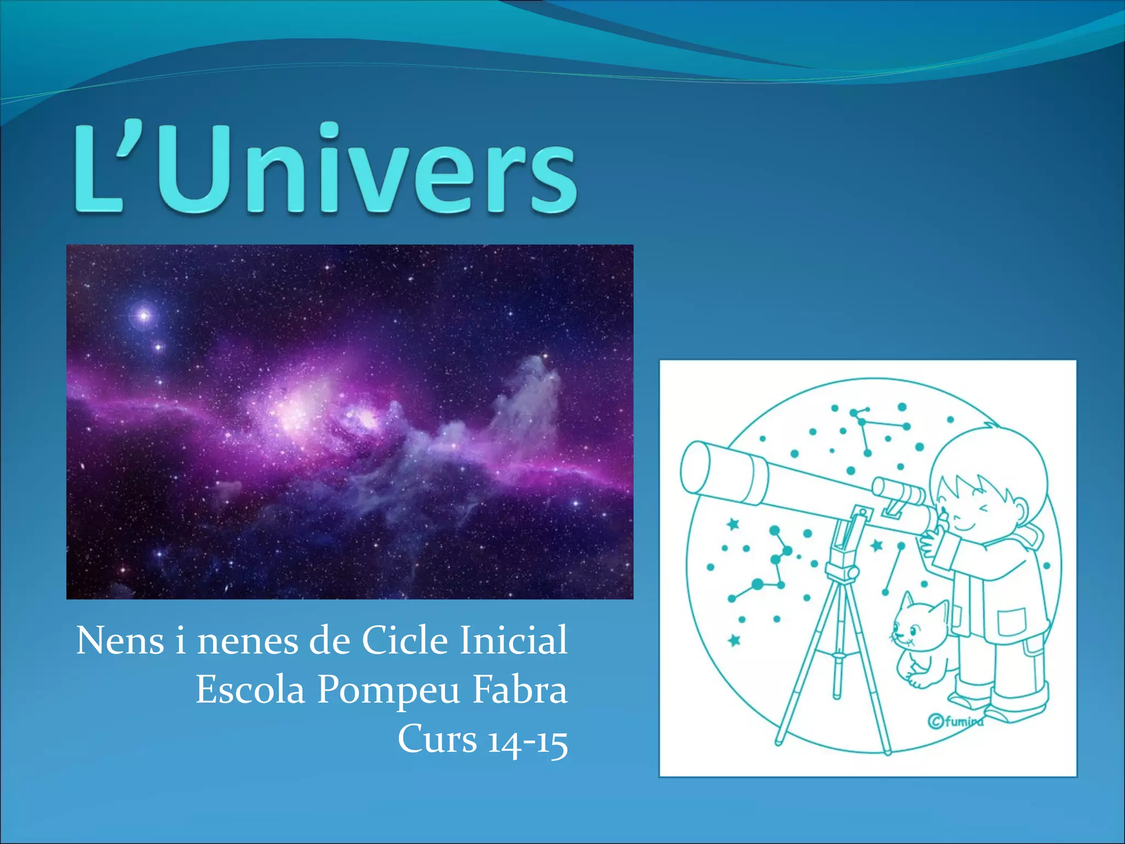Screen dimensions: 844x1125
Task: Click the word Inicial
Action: coord(514,641)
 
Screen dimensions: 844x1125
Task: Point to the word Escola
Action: coord(250,690)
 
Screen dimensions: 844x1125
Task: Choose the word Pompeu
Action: coord(389,691)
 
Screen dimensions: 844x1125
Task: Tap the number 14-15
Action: coord(528,740)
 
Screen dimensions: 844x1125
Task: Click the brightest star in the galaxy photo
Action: coord(144,315)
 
